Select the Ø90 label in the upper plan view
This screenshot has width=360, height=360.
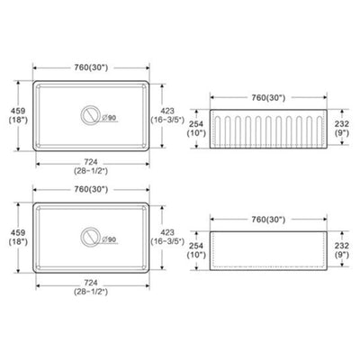point(109,118)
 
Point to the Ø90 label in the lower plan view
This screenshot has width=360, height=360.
point(109,239)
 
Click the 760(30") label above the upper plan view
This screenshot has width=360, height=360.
point(91,67)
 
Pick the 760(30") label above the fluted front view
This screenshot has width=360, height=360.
point(268,97)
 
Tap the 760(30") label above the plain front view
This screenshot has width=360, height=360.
point(268,220)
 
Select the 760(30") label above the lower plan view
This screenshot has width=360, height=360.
point(91,189)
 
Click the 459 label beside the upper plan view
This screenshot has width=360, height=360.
point(18,111)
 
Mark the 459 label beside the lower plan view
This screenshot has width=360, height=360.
point(18,232)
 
